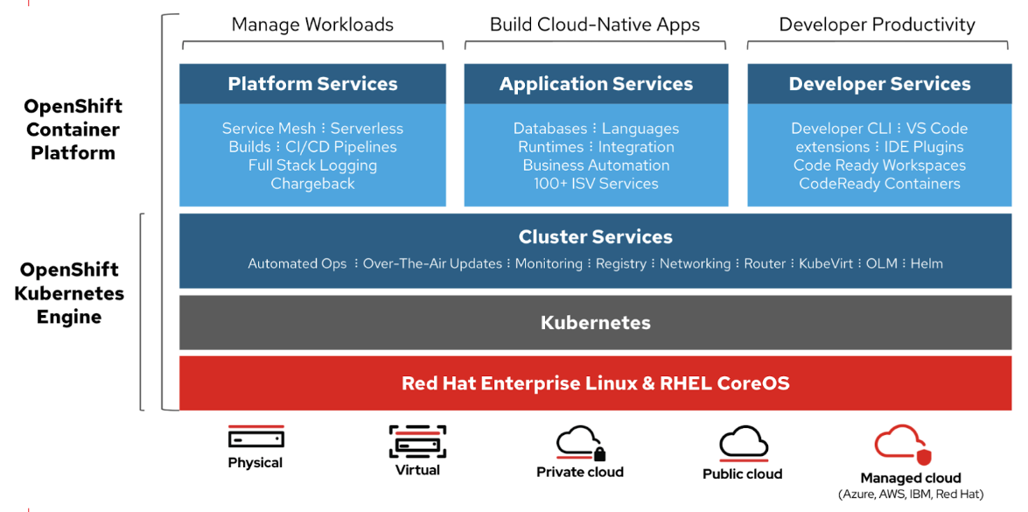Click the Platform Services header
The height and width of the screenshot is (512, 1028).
pyautogui.click(x=312, y=84)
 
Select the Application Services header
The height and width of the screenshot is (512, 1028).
pyautogui.click(x=596, y=84)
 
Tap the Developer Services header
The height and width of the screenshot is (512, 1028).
pyautogui.click(x=879, y=84)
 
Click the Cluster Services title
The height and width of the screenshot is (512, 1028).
pyautogui.click(x=596, y=237)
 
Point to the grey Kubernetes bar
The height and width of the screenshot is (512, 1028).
pyautogui.click(x=596, y=323)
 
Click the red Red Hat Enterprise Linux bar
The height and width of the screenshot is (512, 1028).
pyautogui.click(x=596, y=383)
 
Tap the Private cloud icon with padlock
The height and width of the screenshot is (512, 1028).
pyautogui.click(x=580, y=443)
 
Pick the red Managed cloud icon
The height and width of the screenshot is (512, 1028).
pyautogui.click(x=905, y=445)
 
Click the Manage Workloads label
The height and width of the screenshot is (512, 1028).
pyautogui.click(x=312, y=25)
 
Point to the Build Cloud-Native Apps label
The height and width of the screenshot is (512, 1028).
pyautogui.click(x=595, y=25)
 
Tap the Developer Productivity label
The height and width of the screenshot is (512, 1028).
pyautogui.click(x=877, y=25)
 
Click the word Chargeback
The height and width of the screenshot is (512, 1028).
pyautogui.click(x=312, y=184)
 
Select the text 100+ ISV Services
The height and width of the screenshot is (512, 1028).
pyautogui.click(x=596, y=184)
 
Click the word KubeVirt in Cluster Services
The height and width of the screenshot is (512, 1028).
pyautogui.click(x=825, y=263)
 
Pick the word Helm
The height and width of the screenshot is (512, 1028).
pyautogui.click(x=927, y=263)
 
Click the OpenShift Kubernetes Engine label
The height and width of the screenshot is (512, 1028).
pyautogui.click(x=69, y=293)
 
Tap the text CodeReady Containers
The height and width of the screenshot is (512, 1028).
pyautogui.click(x=879, y=184)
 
